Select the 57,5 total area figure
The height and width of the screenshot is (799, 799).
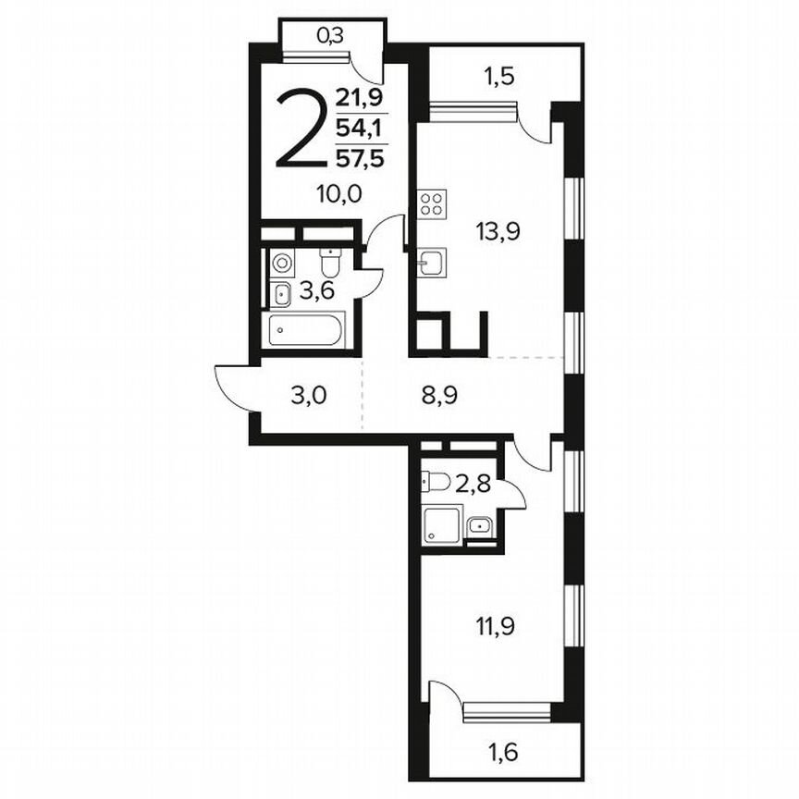click(x=361, y=157)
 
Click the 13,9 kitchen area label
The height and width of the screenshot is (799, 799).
click(x=498, y=231)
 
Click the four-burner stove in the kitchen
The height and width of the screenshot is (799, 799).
click(x=431, y=204)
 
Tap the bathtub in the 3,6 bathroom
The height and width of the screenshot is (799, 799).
click(x=303, y=330)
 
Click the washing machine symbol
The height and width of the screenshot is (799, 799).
click(x=282, y=263)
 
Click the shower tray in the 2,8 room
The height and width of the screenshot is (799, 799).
click(x=438, y=525)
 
